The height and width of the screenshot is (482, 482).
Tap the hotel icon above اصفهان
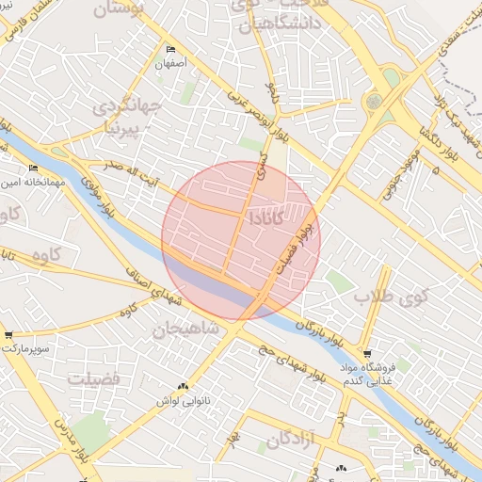[x=170, y=49]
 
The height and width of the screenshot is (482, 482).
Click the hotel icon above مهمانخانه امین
[x=34, y=169]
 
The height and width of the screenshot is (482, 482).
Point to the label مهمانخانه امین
[x=32, y=183]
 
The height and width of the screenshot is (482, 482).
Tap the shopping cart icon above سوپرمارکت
[x=8, y=334]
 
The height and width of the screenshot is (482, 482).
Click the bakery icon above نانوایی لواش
[x=184, y=386]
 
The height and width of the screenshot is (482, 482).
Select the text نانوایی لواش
[x=182, y=400]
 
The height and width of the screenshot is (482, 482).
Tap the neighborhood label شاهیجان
[x=185, y=329]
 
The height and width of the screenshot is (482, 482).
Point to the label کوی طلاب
[x=391, y=297]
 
